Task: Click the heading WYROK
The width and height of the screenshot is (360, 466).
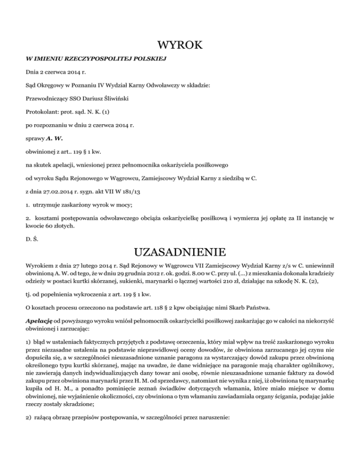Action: click(180, 45)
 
